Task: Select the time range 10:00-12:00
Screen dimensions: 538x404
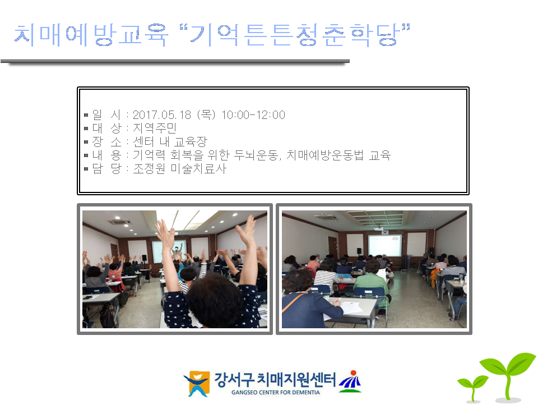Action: tap(253, 114)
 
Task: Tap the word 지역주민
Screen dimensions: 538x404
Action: tap(155, 128)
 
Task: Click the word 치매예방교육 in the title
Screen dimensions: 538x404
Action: tap(91, 35)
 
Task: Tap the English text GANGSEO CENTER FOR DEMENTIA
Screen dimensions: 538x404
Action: tap(276, 392)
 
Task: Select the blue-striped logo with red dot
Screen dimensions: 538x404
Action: tap(350, 382)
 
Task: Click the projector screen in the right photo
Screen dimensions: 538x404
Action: tap(384, 245)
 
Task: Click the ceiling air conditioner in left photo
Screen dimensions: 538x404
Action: tap(119, 222)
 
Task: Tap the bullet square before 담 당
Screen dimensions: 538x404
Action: tap(86, 169)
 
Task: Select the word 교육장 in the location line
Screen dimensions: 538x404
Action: tap(191, 141)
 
